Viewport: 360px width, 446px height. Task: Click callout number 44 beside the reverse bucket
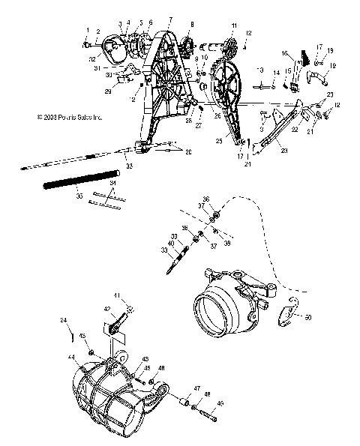[x=72, y=360]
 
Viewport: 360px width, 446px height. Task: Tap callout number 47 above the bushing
[x=196, y=391]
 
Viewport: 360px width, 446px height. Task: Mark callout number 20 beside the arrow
[x=187, y=152]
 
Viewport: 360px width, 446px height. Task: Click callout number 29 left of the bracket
[x=107, y=91]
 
